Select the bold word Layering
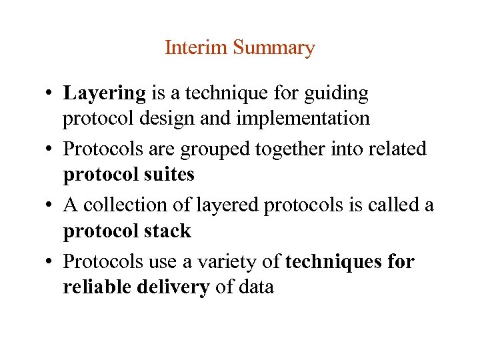tap(104, 94)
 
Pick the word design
tap(183, 118)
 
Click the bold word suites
tap(167, 174)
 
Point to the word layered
tap(228, 205)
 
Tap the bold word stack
tap(166, 231)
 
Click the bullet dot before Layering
tap(51, 95)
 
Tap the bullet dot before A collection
tap(51, 205)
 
